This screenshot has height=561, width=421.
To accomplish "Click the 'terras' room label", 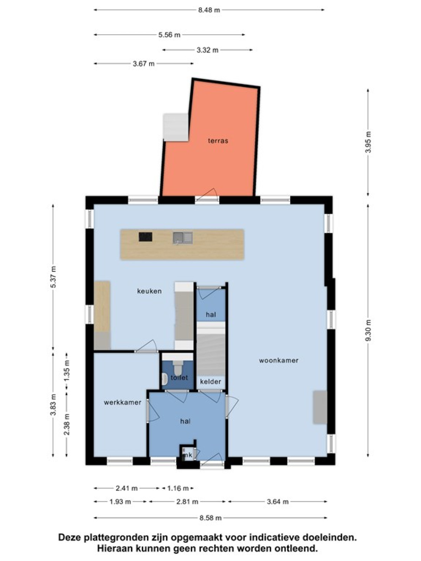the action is (x=218, y=141).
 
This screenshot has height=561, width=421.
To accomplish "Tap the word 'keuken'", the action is (x=149, y=291).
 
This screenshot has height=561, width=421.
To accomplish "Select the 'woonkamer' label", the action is (x=279, y=360).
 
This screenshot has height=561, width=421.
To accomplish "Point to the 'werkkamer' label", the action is (x=122, y=402).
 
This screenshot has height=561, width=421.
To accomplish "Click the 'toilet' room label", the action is (x=179, y=377).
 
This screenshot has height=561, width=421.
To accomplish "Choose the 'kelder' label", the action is (x=210, y=381).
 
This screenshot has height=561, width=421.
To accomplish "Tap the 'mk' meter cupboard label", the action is (x=188, y=455).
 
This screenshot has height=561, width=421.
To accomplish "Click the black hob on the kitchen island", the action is (x=146, y=237).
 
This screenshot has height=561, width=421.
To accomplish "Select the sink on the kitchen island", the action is (x=183, y=238).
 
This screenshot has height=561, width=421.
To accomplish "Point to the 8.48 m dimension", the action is (x=209, y=10).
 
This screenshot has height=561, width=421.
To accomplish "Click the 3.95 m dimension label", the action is (x=368, y=142).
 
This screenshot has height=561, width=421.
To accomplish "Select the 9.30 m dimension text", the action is (x=368, y=330).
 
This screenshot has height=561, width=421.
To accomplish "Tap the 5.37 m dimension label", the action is (x=53, y=277).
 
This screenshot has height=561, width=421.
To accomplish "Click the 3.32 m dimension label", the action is (x=208, y=50).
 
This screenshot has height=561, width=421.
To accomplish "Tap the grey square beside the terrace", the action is (x=176, y=127).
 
